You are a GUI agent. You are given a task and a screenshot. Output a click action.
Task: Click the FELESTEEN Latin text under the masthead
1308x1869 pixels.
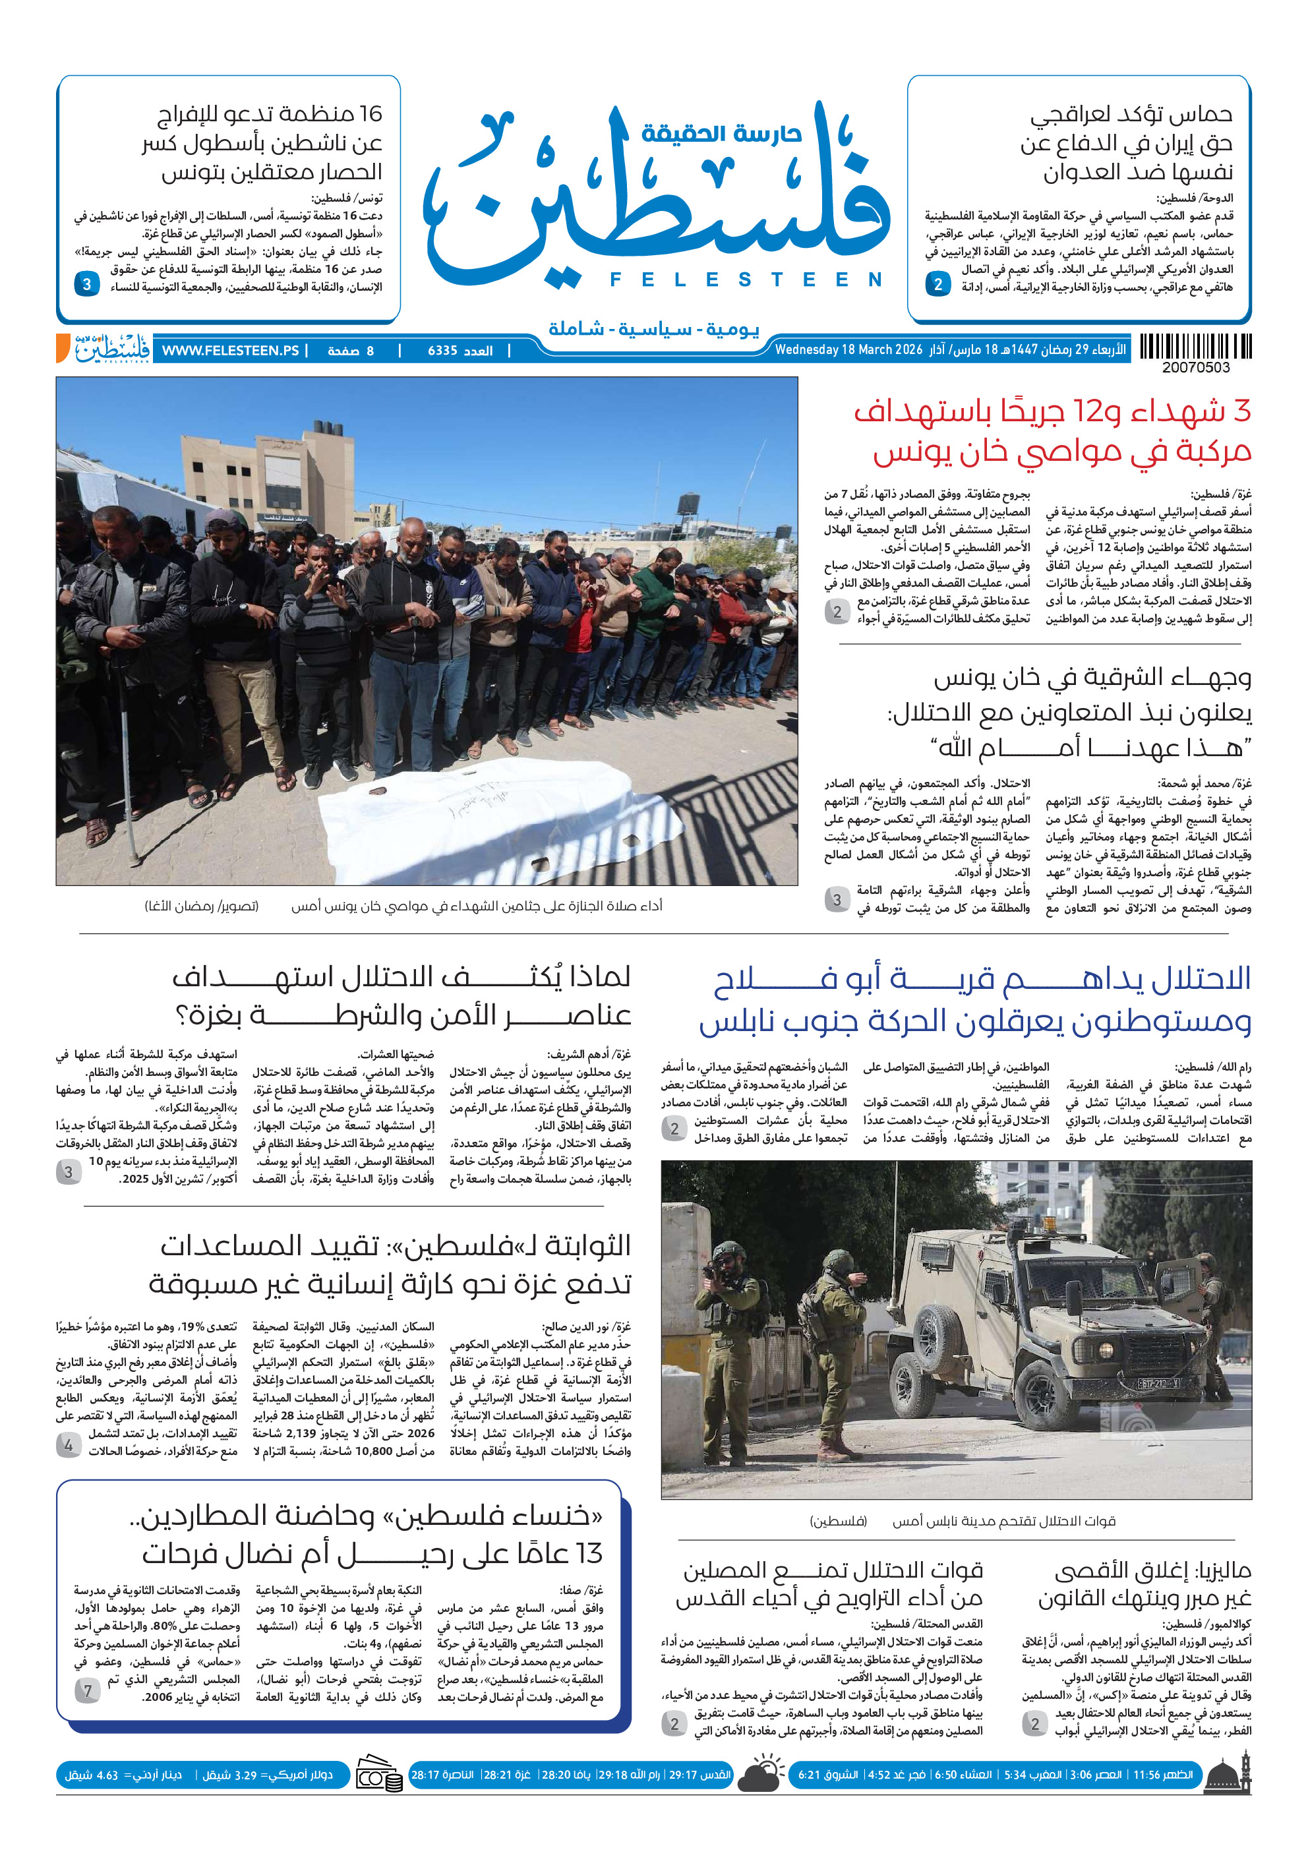tap(746, 280)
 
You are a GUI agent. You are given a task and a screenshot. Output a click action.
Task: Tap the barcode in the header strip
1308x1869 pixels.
tap(1195, 347)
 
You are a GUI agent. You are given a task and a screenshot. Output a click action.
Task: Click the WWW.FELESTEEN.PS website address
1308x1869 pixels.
tap(230, 351)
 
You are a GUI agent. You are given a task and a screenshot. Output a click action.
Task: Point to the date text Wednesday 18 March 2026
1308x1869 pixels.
tap(848, 350)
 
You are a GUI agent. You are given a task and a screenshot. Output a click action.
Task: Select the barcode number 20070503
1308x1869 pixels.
tap(1196, 368)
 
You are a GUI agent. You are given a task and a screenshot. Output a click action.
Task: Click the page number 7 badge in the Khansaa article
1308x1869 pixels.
tap(88, 1691)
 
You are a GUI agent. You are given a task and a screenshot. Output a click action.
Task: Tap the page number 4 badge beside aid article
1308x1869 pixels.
tap(69, 1446)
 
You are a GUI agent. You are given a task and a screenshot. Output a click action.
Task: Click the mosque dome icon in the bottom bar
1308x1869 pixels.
tap(1228, 1775)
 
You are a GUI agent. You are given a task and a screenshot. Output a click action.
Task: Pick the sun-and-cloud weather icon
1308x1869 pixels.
tap(763, 1775)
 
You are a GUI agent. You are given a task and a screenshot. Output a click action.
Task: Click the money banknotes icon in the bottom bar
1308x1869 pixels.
tap(379, 1775)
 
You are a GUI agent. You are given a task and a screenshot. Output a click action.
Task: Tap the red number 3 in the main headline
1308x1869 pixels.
tap(1241, 412)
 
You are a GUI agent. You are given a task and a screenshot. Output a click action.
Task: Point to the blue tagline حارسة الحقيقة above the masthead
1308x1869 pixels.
tap(721, 133)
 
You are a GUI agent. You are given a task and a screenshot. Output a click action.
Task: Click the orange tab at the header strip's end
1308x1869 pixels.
tap(63, 347)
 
